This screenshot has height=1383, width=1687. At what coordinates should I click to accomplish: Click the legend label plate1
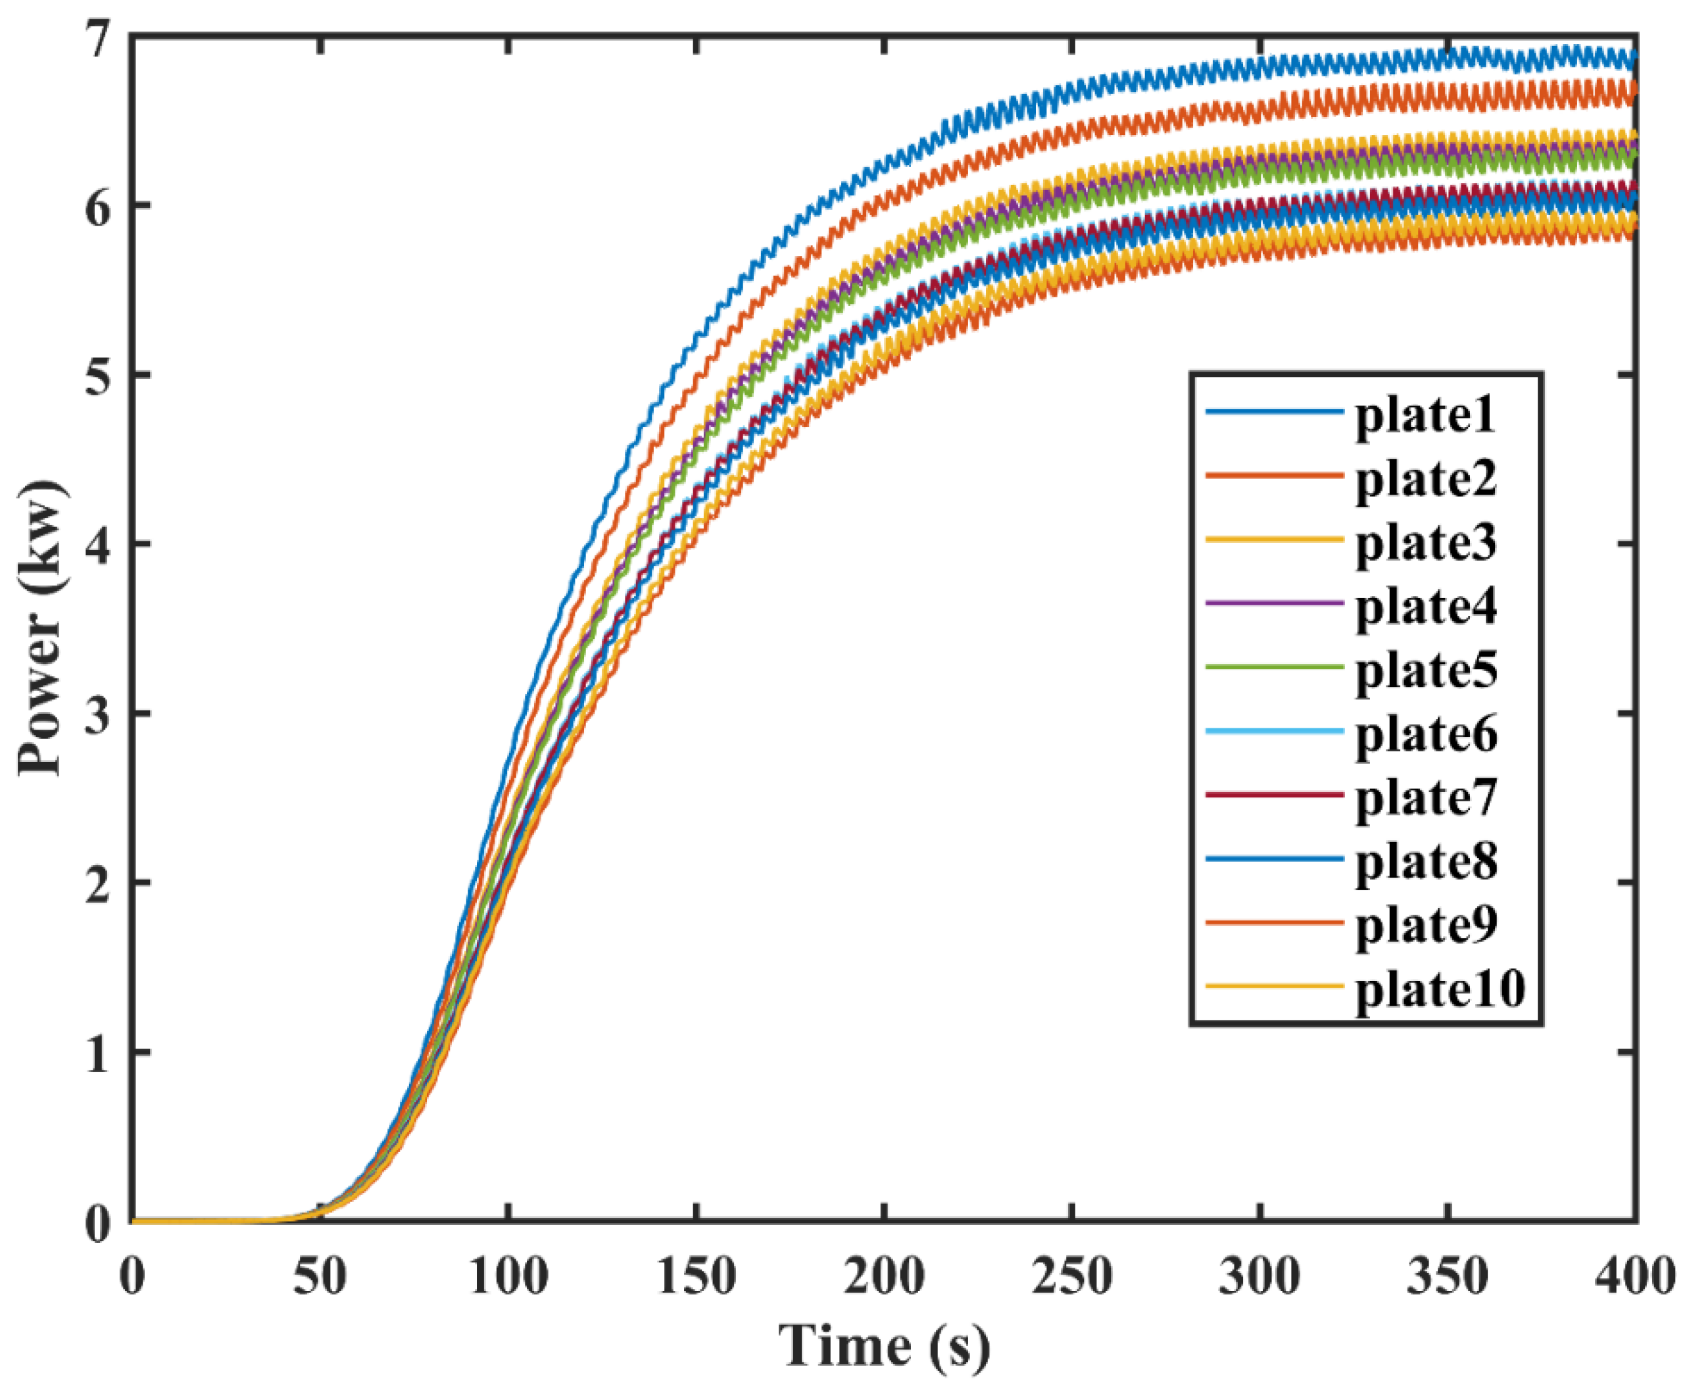coord(1425,416)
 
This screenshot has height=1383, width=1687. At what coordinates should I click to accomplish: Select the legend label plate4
coord(1425,607)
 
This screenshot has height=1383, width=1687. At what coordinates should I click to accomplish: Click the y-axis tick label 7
coord(97,38)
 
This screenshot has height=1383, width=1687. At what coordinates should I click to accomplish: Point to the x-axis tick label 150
coord(696,1276)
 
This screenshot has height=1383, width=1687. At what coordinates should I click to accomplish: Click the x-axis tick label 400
coord(1634,1276)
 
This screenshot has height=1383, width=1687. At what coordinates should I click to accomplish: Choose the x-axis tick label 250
coord(1072,1276)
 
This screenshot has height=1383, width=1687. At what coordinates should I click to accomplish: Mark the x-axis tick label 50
coord(320,1276)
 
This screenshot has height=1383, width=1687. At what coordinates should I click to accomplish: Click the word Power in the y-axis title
coord(41,701)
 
